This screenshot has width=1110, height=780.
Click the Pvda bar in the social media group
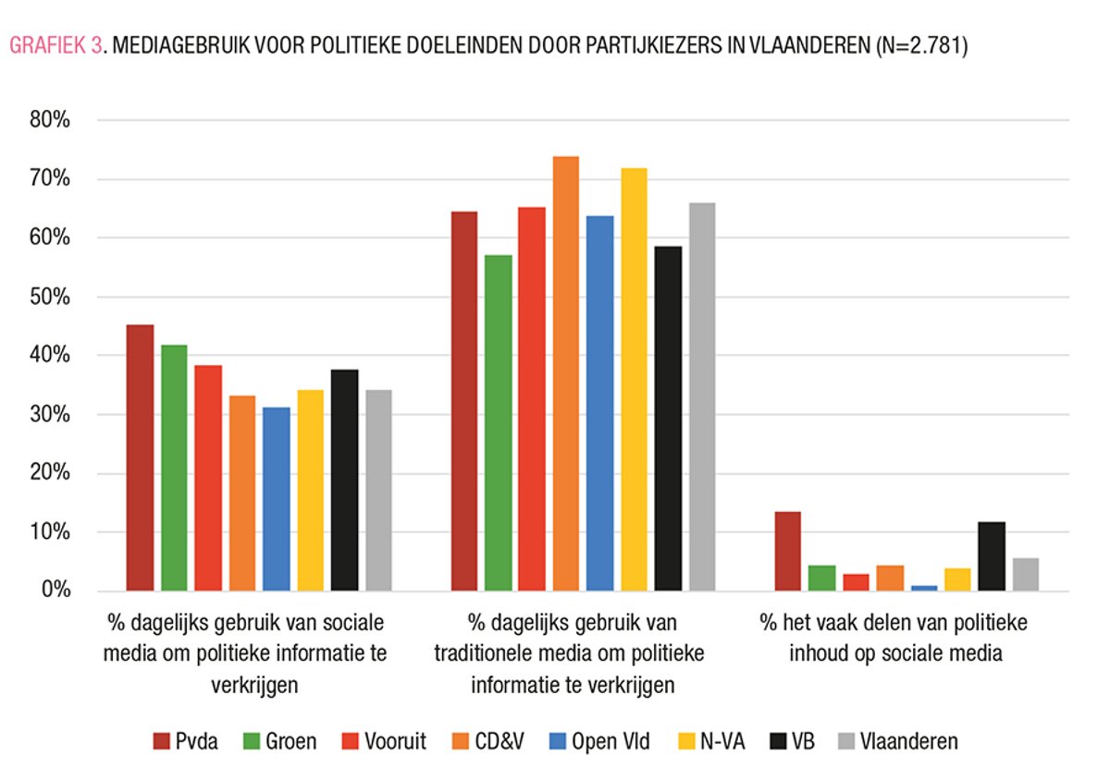[140, 457]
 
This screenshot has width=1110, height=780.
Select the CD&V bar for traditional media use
[565, 373]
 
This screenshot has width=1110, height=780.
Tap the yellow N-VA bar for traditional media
[634, 379]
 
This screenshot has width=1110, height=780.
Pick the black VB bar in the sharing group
[992, 556]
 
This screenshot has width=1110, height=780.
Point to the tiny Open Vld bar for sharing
[923, 588]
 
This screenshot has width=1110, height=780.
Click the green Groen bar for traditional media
[498, 422]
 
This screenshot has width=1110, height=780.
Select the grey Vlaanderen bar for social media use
[378, 490]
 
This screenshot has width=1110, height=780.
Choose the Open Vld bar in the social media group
[276, 499]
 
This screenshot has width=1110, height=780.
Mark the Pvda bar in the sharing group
[787, 551]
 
